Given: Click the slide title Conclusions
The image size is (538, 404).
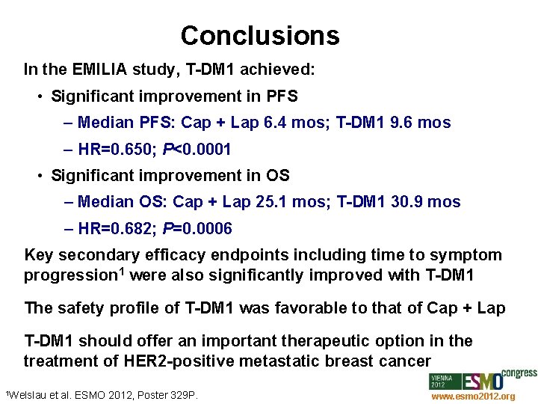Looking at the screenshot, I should click(x=259, y=35).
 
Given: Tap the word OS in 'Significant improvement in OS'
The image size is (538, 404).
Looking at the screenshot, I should click(x=277, y=176).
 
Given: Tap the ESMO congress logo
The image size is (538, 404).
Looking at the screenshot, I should click(x=482, y=379).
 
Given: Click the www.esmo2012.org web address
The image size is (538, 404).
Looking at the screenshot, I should click(x=473, y=397).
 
